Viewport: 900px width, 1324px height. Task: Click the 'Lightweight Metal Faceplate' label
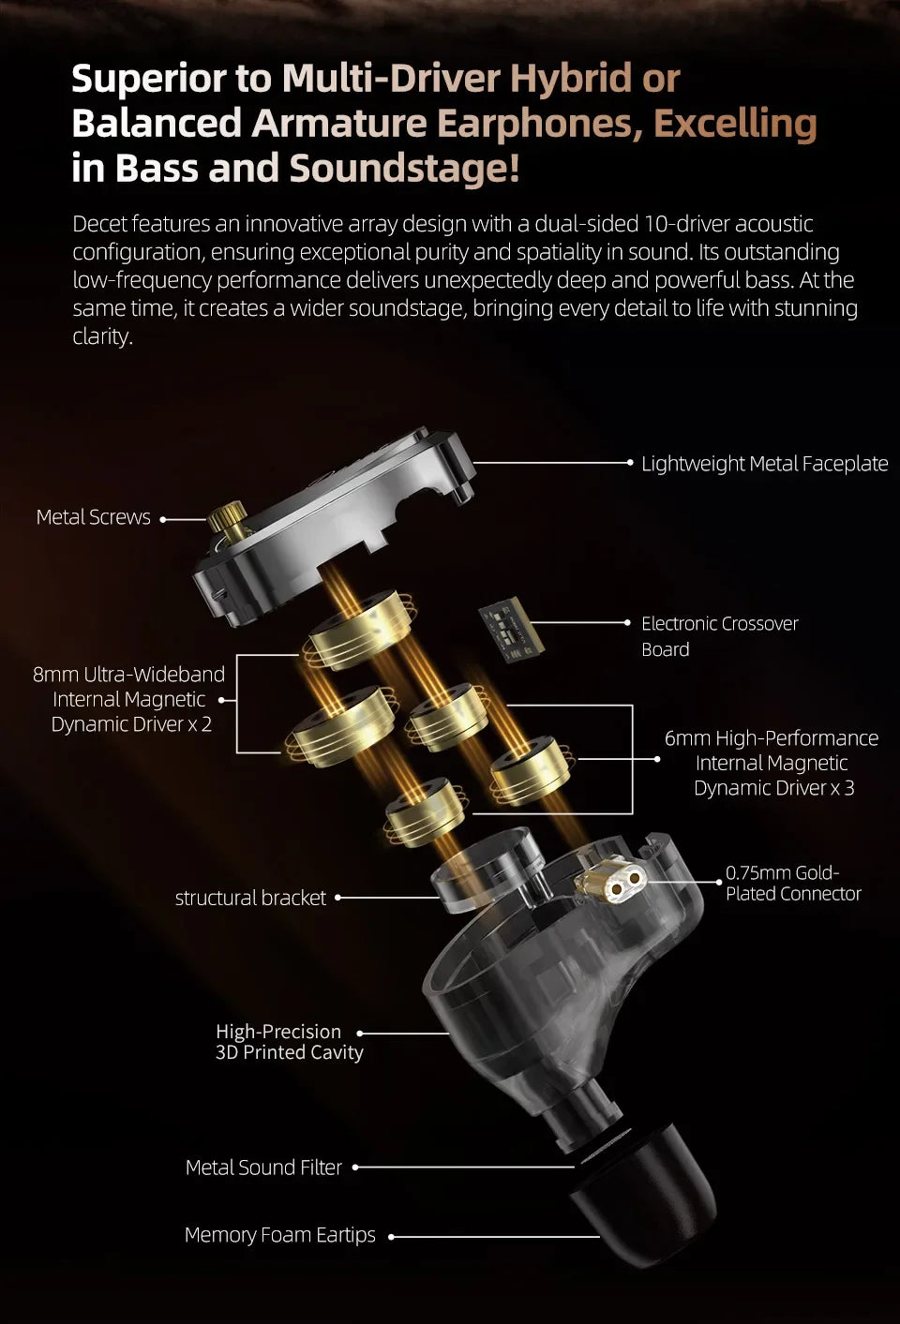[x=765, y=464]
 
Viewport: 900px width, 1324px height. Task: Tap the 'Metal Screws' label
[x=94, y=517]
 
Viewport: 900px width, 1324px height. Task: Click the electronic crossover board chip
[x=512, y=630]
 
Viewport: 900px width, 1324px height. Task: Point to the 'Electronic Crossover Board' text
[x=720, y=636]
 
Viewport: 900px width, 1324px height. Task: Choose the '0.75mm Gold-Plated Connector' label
[x=793, y=883]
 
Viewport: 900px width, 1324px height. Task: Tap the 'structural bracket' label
[x=250, y=898]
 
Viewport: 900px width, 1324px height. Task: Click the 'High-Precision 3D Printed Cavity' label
[x=289, y=1042]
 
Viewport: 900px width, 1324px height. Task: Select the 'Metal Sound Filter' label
[x=263, y=1168]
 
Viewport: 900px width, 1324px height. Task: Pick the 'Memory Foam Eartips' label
[x=280, y=1235]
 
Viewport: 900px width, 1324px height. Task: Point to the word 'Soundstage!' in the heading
[x=405, y=168]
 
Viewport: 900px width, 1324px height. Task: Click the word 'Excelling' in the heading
[x=735, y=123]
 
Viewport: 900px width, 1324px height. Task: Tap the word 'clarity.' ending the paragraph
[x=102, y=337]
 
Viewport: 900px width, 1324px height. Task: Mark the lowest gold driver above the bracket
[x=426, y=812]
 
